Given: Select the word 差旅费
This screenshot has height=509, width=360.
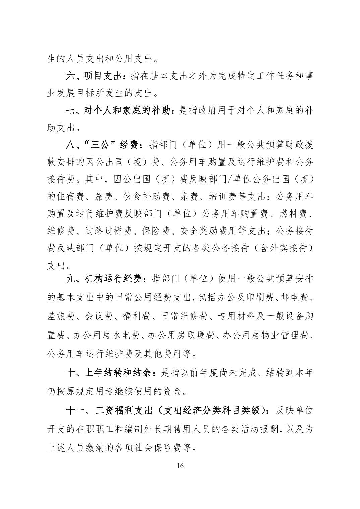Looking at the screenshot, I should point(60,316).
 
